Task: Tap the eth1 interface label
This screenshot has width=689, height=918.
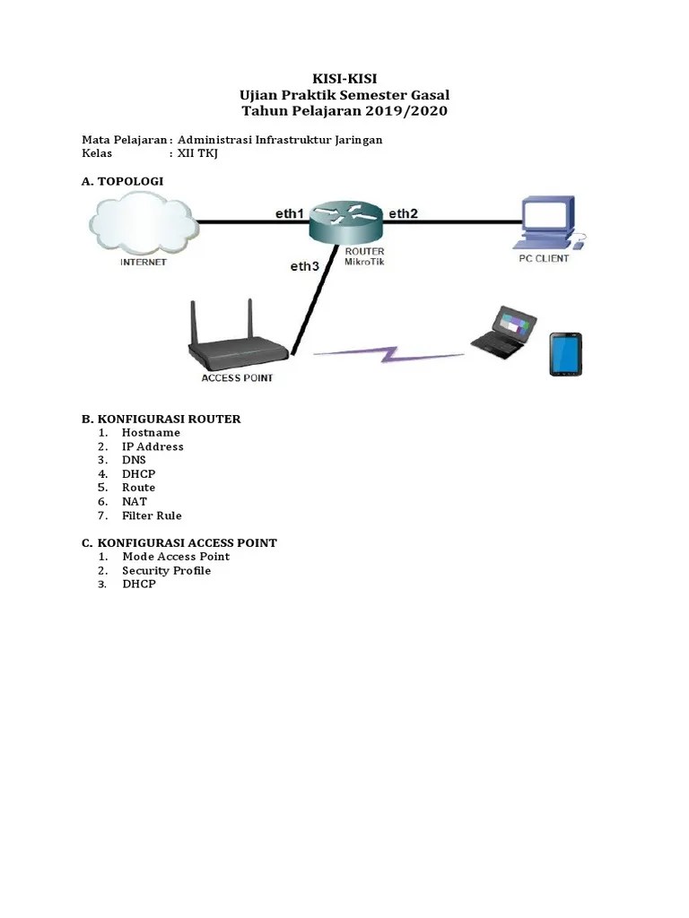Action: coord(290,213)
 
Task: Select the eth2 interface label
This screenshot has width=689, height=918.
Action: coord(403,213)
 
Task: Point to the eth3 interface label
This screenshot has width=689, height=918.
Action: coord(304,266)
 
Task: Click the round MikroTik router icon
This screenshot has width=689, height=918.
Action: coord(345,220)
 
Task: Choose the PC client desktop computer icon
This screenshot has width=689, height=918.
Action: coord(548,224)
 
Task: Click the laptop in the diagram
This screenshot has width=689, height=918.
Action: coord(505,332)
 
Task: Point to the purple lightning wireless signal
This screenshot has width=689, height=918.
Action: coord(388,352)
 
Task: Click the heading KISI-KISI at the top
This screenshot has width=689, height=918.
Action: coord(344,80)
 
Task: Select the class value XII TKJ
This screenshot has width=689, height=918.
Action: coord(197,153)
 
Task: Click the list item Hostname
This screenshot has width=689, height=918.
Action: coord(151,433)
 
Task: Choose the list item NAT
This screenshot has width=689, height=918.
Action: coord(135,502)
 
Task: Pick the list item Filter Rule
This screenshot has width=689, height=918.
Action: coord(152,515)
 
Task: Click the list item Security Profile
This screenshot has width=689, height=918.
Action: coord(167,570)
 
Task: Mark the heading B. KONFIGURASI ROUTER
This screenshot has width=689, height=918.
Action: coord(161,419)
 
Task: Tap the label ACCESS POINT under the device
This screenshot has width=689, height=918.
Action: coord(237,378)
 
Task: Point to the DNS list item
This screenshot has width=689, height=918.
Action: coord(134,460)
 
